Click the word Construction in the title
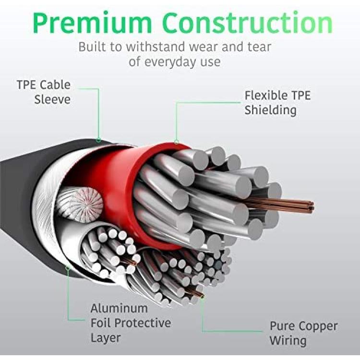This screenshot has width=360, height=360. [248, 22]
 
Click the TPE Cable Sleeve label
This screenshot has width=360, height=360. [44, 92]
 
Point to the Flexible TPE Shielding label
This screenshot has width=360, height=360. [277, 103]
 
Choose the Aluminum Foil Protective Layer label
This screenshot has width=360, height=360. [131, 323]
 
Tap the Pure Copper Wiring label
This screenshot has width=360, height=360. [303, 333]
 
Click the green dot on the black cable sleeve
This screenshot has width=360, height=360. [98, 140]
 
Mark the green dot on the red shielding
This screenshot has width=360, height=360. [176, 142]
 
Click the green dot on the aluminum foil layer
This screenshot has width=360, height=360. [68, 267]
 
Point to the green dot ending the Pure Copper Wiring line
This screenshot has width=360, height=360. [202, 297]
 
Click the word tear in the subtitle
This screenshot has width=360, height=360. [259, 47]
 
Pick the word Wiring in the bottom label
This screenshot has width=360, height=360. [288, 340]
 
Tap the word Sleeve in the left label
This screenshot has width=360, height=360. [52, 100]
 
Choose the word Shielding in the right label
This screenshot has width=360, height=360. [270, 110]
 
